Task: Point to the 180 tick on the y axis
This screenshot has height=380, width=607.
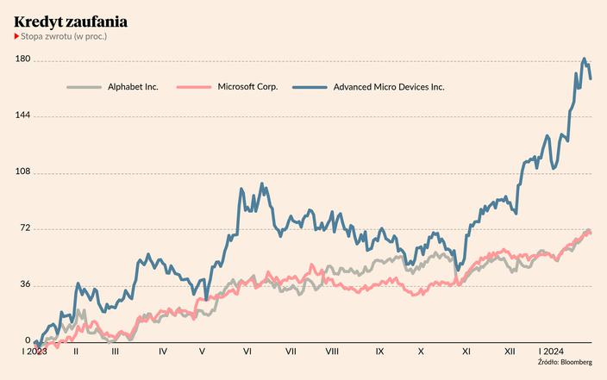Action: pyautogui.click(x=22, y=59)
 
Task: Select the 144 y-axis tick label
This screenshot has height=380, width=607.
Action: pyautogui.click(x=22, y=115)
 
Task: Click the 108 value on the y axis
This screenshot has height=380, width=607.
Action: pyautogui.click(x=22, y=172)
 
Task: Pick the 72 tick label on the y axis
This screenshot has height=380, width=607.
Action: pyautogui.click(x=25, y=228)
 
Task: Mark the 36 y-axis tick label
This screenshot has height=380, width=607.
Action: pyautogui.click(x=25, y=285)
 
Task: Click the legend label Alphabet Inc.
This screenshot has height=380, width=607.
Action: pyautogui.click(x=133, y=87)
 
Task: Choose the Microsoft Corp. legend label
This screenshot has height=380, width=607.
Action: pyautogui.click(x=247, y=87)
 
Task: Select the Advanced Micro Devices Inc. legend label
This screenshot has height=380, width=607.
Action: pyautogui.click(x=389, y=87)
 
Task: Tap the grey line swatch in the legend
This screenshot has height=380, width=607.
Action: pyautogui.click(x=84, y=87)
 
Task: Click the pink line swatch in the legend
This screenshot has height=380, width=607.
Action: pyautogui.click(x=193, y=87)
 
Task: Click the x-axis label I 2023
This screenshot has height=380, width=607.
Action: pyautogui.click(x=34, y=352)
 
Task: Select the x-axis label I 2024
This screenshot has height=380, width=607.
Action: pyautogui.click(x=551, y=352)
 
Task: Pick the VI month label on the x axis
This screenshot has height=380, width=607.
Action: pyautogui.click(x=247, y=352)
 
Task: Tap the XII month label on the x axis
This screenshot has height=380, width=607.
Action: pyautogui.click(x=510, y=352)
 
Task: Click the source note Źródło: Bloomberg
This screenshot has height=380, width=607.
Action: pyautogui.click(x=564, y=363)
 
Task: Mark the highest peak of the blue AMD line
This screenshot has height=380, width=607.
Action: pyautogui.click(x=584, y=59)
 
